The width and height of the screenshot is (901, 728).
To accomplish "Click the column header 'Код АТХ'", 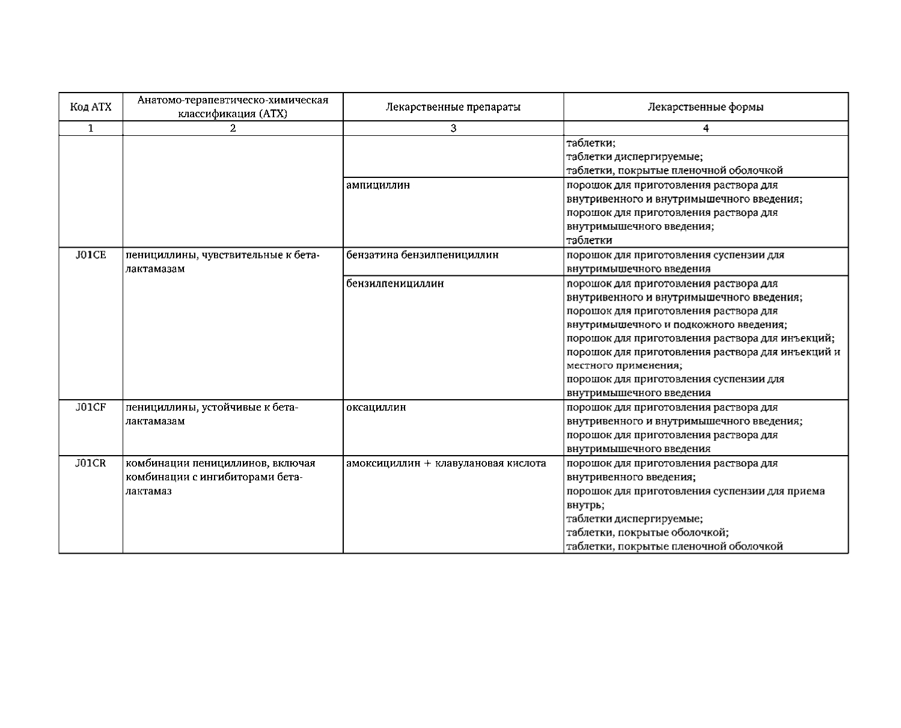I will pos(91,108).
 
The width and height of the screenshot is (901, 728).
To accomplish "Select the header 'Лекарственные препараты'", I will pos(453,108).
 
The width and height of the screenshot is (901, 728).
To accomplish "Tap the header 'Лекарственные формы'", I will pos(706,108).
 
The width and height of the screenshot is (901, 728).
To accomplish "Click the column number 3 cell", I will pos(453,128).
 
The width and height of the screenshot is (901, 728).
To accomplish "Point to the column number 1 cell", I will pos(91,128).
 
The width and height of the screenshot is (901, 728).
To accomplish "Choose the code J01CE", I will pos(91,255).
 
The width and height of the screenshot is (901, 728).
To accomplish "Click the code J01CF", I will pos(91,408).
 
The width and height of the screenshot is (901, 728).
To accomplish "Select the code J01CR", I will pos(91,463).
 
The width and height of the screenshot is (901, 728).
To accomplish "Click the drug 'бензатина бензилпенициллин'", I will pos(423,255).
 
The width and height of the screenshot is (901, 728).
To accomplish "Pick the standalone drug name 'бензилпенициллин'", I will pos(395,283).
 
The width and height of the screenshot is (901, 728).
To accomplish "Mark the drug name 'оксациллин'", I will pos(376,408).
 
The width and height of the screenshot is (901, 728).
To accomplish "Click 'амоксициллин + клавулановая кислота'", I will pos(446,463).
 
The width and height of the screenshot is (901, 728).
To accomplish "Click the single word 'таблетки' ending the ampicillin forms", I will pos(589,240).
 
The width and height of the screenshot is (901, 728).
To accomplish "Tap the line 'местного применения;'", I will pos(625,366).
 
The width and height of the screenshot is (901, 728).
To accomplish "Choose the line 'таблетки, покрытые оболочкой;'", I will pos(648,533).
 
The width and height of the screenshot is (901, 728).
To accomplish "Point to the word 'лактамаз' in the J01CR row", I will pos(148,491).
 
